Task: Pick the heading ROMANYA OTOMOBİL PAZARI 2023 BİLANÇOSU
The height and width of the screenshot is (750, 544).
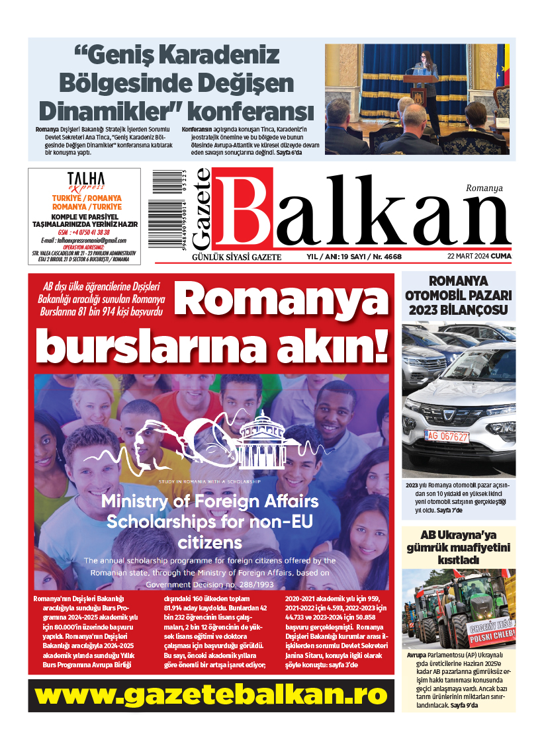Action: [458, 294]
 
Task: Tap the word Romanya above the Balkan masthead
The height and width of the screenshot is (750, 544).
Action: [484, 188]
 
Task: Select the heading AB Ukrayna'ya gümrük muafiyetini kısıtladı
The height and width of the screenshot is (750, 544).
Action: [458, 547]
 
